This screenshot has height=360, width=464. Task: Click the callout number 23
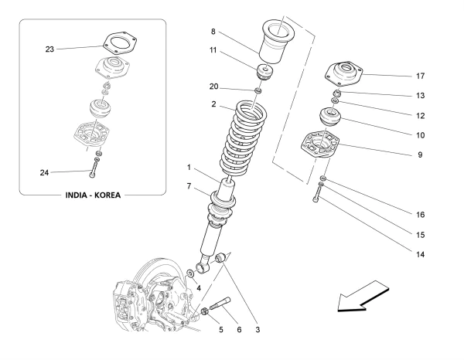click(49, 49)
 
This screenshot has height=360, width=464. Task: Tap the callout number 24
click(44, 172)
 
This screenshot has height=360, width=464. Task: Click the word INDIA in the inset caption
click(76, 195)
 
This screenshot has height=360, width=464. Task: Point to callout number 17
click(420, 76)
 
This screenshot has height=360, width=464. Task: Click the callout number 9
click(420, 155)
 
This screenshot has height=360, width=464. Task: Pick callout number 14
click(420, 254)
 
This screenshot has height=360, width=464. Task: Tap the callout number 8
click(213, 32)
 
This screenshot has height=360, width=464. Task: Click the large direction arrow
click(363, 297)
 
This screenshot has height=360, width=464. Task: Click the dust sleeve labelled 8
click(274, 42)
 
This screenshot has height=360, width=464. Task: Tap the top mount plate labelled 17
click(344, 75)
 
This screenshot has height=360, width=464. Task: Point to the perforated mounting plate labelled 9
click(320, 145)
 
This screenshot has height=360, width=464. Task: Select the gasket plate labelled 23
click(120, 43)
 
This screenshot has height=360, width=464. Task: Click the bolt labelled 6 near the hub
click(220, 303)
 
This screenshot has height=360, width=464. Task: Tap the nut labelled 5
click(204, 311)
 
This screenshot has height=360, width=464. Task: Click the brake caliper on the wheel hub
click(125, 304)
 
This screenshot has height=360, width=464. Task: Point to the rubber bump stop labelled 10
click(330, 117)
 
